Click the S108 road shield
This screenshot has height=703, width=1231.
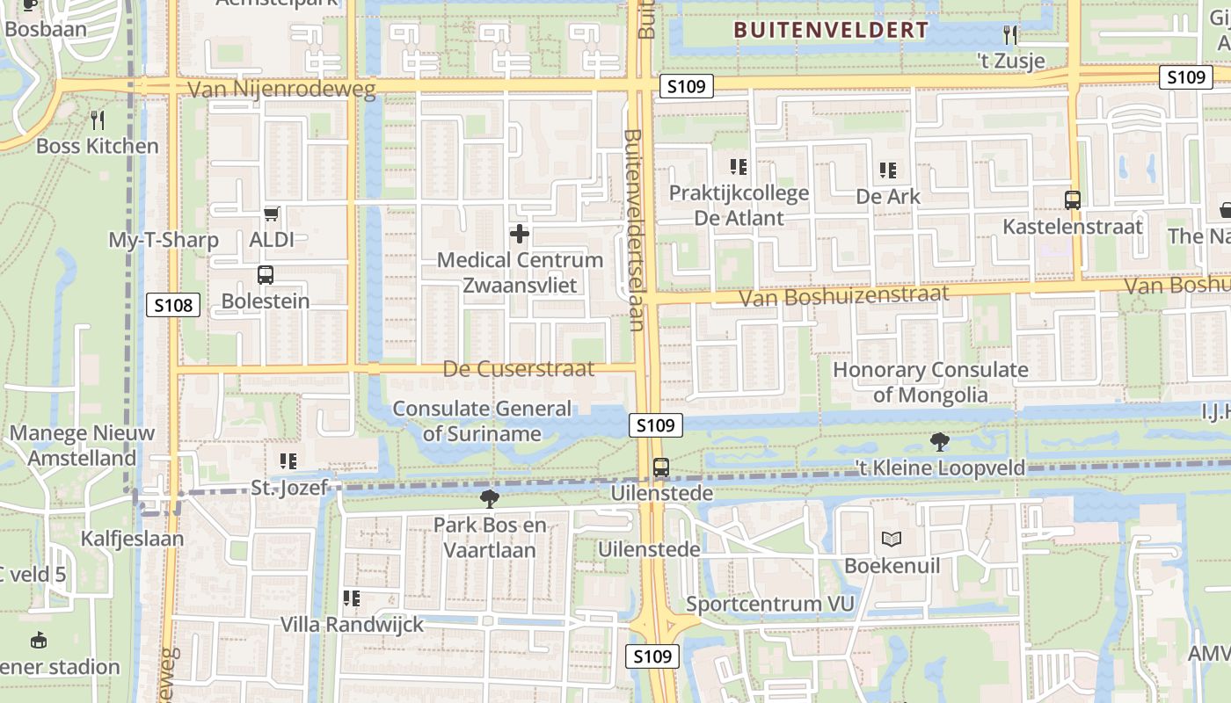pyautogui.click(x=173, y=305)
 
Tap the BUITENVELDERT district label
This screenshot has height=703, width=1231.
pyautogui.click(x=831, y=30)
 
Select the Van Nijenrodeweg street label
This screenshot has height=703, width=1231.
pyautogui.click(x=281, y=89)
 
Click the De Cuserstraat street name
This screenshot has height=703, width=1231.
pyautogui.click(x=519, y=369)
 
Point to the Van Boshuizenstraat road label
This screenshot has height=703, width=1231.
pyautogui.click(x=844, y=294)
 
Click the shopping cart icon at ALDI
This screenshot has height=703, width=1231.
pyautogui.click(x=272, y=214)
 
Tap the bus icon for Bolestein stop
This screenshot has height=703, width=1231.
pyautogui.click(x=266, y=275)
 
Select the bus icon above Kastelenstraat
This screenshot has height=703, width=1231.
pyautogui.click(x=1073, y=199)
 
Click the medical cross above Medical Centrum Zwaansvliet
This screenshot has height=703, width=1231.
pyautogui.click(x=520, y=234)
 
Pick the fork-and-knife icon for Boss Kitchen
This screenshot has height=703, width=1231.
pyautogui.click(x=98, y=120)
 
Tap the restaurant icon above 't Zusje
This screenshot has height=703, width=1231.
pyautogui.click(x=1011, y=34)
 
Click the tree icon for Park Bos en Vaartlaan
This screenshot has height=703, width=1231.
pyautogui.click(x=490, y=499)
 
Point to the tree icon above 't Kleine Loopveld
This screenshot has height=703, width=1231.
pyautogui.click(x=940, y=442)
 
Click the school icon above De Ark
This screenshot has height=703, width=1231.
pyautogui.click(x=888, y=170)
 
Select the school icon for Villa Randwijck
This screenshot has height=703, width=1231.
pyautogui.click(x=352, y=598)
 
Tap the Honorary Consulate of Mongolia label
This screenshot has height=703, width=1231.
pyautogui.click(x=930, y=382)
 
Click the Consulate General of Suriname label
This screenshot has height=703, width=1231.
pyautogui.click(x=482, y=421)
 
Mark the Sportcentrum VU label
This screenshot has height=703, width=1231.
pyautogui.click(x=770, y=604)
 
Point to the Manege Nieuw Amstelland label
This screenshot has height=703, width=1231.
pyautogui.click(x=82, y=446)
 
